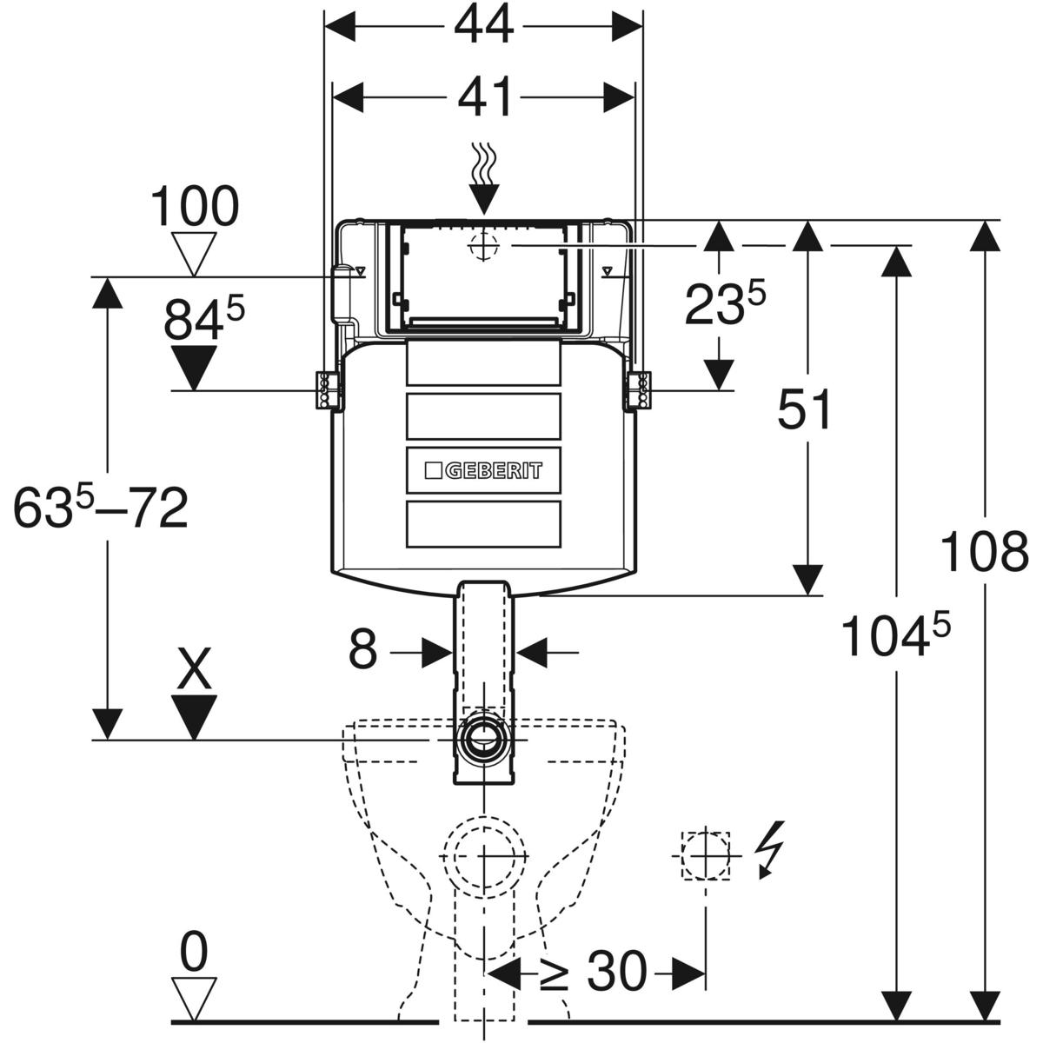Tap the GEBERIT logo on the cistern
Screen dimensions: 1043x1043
tap(483, 470)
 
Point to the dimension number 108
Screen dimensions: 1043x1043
tap(985, 552)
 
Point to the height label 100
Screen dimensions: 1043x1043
tap(194, 208)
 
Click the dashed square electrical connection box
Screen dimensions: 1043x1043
tap(705, 855)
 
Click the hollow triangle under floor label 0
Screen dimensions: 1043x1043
tap(192, 997)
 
